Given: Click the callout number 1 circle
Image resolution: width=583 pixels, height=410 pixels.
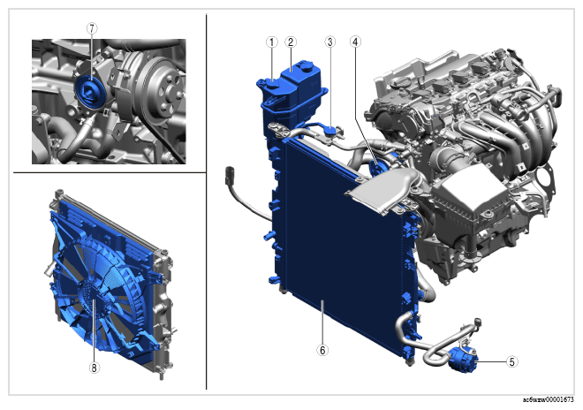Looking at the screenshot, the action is (272, 42).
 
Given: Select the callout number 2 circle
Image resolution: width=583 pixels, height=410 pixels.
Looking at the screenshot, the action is (291, 42).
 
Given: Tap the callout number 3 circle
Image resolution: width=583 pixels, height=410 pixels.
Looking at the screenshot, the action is (329, 42).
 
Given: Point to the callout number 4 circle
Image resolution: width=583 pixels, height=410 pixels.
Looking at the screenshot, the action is (355, 42).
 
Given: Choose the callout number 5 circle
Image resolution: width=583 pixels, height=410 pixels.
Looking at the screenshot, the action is (512, 361).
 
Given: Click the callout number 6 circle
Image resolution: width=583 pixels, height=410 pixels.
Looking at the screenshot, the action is (322, 350).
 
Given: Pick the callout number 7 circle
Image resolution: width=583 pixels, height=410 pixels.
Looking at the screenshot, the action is (92, 28).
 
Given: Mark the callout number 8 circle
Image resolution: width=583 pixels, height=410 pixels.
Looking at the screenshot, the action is (94, 368).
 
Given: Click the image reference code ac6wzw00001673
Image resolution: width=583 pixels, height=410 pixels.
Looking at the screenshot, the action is (548, 400).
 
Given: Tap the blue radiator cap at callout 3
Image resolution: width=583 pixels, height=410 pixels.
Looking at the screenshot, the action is (329, 131).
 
